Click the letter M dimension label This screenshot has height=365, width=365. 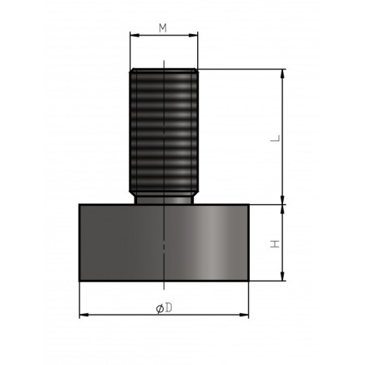click(x=162, y=28)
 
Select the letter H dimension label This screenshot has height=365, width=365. click(x=275, y=243)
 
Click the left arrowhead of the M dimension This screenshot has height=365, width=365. click(x=132, y=36)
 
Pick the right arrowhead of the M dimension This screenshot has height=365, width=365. click(x=195, y=36)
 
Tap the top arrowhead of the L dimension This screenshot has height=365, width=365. click(x=283, y=72)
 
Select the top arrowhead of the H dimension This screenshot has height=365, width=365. click(x=283, y=208)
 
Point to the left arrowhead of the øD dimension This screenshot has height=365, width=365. click(x=82, y=315)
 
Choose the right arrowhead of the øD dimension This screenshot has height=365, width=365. click(x=246, y=315)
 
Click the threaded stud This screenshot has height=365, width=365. click(x=164, y=130)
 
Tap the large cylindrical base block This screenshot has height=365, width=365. click(x=164, y=243)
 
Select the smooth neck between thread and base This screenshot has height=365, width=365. click(x=164, y=198)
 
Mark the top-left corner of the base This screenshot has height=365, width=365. click(x=79, y=204)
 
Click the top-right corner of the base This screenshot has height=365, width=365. click(x=249, y=204)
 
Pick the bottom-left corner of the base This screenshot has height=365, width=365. click(x=79, y=281)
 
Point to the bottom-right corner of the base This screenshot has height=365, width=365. click(x=249, y=281)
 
